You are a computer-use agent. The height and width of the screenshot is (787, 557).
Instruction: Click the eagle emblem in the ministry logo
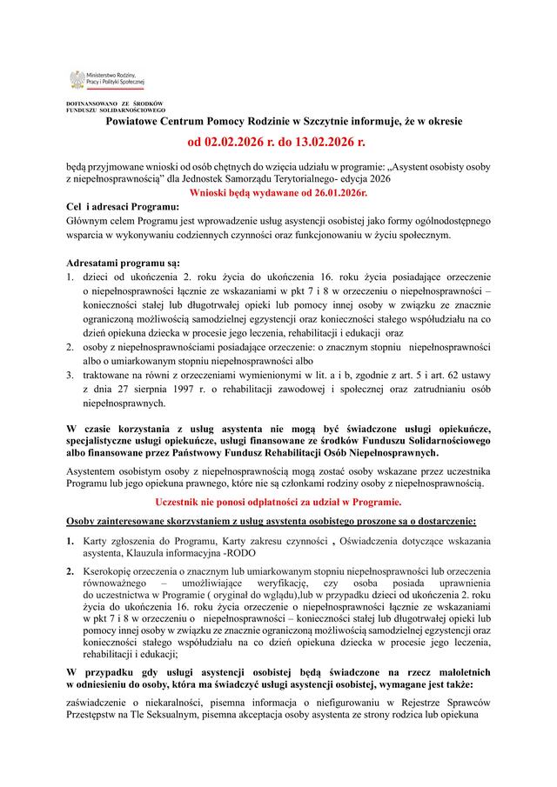(77, 79)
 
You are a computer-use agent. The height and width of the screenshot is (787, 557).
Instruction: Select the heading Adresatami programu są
(123, 262)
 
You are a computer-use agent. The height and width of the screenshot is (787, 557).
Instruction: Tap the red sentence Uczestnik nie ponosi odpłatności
(278, 503)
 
